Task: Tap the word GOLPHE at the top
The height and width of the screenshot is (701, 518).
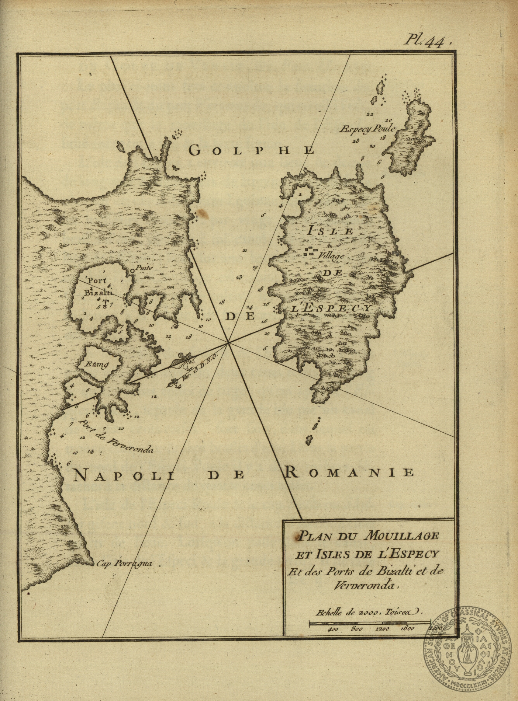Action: (x=252, y=150)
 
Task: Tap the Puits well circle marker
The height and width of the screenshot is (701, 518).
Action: (x=132, y=271)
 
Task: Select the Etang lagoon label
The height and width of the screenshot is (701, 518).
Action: (x=97, y=365)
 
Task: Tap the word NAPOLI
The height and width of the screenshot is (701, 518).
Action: (x=117, y=476)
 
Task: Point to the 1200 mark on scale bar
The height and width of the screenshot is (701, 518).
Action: (x=383, y=629)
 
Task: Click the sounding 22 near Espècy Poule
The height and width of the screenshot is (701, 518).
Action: (x=370, y=115)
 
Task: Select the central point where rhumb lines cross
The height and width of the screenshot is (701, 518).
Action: (x=228, y=342)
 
